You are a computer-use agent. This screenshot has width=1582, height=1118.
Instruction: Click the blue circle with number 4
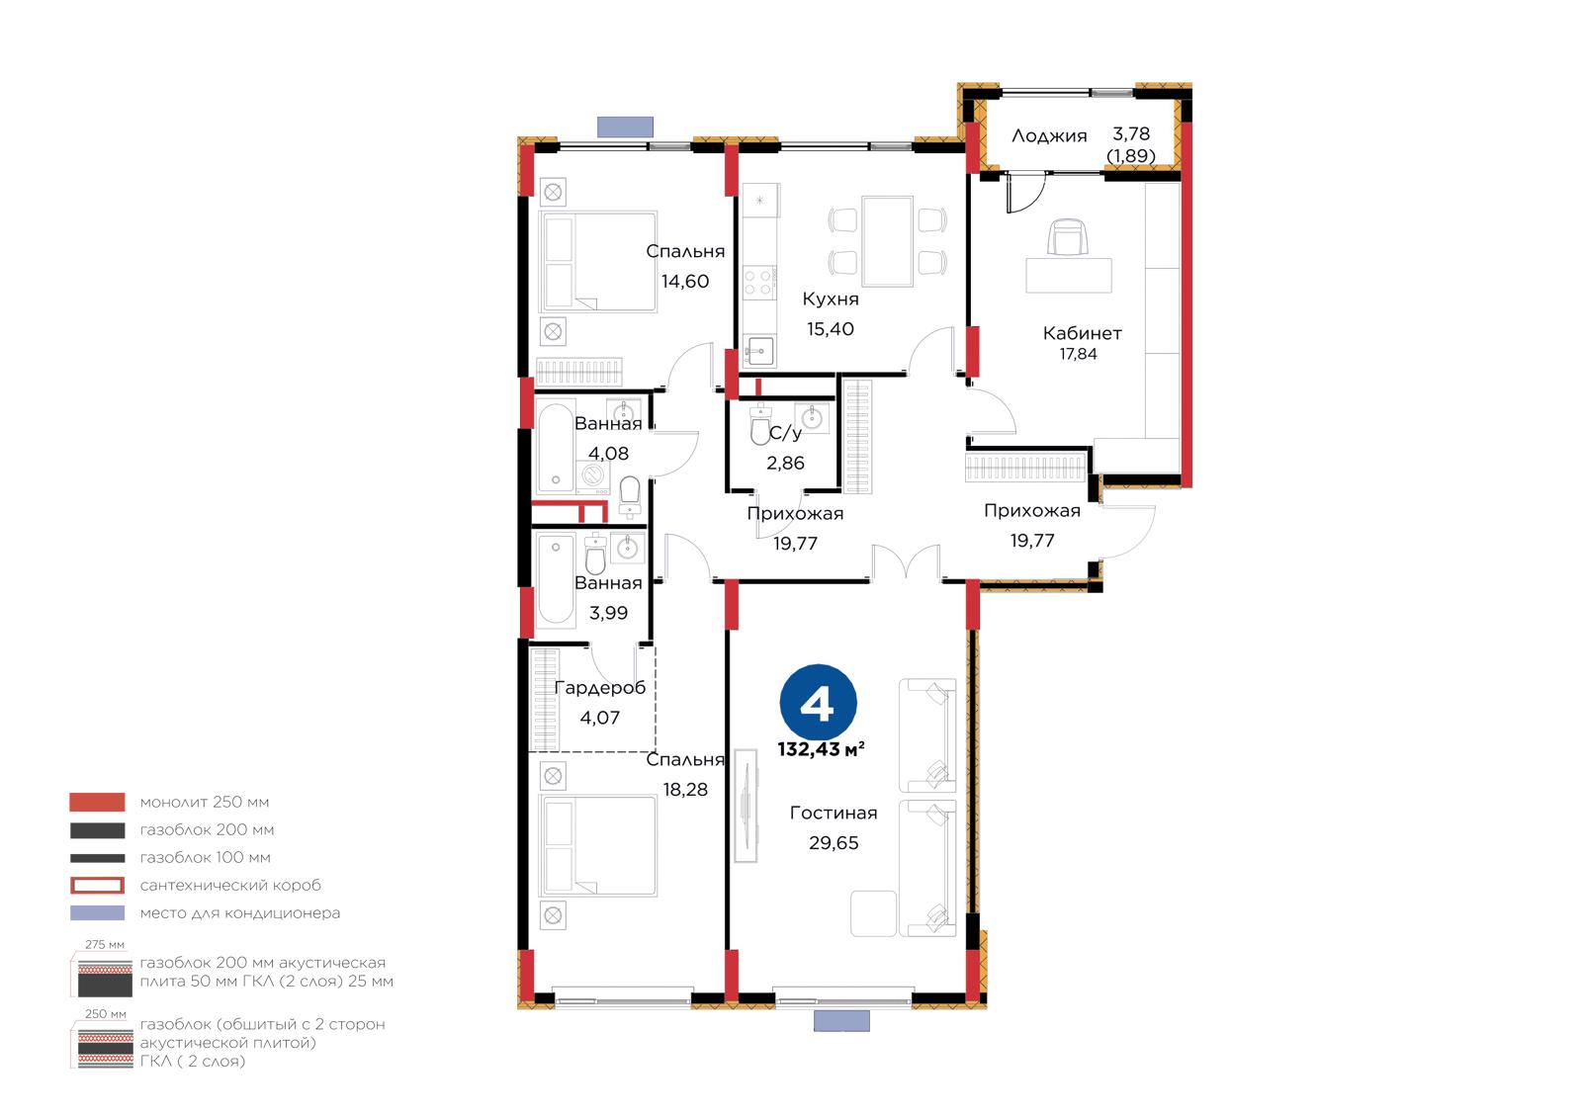[818, 703]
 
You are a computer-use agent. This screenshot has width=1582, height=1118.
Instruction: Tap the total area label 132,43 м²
[821, 749]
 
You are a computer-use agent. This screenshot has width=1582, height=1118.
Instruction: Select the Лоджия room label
[1049, 135]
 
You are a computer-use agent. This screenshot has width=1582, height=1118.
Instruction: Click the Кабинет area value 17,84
[1078, 354]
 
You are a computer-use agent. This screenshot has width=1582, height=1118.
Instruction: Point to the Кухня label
[831, 299]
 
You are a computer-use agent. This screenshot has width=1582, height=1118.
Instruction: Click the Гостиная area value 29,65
[834, 842]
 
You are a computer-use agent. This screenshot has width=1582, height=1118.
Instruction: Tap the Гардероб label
[599, 688]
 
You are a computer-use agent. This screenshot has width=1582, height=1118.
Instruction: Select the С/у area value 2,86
[785, 463]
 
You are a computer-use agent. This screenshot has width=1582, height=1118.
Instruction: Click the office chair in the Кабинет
[1068, 236]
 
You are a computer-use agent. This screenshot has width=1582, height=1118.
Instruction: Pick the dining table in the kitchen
[887, 241]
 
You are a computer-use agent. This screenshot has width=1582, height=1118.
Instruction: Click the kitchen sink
[759, 351]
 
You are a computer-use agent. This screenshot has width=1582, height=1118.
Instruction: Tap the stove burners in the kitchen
[759, 282]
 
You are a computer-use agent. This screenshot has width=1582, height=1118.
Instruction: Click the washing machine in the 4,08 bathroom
[593, 476]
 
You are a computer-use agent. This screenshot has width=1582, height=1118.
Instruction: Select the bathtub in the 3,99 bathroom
[556, 579]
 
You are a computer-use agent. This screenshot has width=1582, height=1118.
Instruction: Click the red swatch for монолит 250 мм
[97, 802]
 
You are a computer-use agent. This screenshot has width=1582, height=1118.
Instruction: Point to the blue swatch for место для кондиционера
[97, 912]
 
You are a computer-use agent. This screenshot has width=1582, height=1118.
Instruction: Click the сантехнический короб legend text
[230, 885]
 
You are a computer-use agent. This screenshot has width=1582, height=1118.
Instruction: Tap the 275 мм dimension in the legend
[105, 944]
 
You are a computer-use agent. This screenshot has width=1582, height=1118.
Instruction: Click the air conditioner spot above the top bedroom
[625, 127]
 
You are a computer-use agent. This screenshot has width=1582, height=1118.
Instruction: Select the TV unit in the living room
[746, 806]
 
